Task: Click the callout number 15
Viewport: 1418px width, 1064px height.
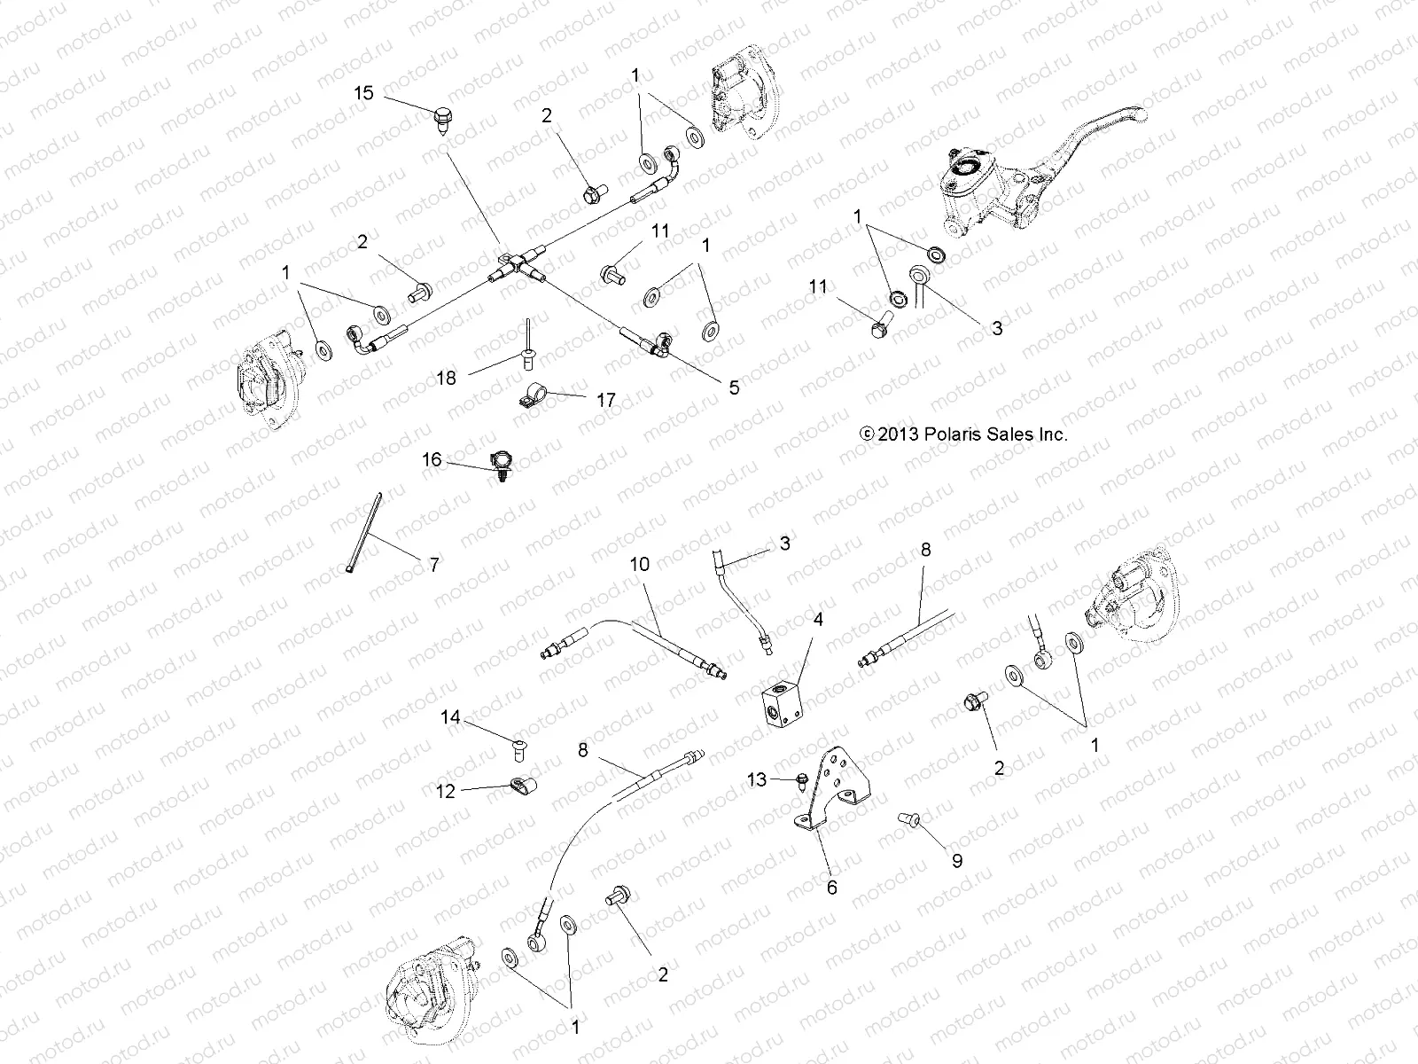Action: pyautogui.click(x=363, y=93)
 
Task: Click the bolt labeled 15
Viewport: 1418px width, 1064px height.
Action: pyautogui.click(x=442, y=118)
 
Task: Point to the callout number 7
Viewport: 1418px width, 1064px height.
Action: pyautogui.click(x=433, y=564)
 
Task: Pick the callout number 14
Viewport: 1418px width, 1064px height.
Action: pyautogui.click(x=450, y=716)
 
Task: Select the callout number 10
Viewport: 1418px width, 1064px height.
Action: pyautogui.click(x=640, y=564)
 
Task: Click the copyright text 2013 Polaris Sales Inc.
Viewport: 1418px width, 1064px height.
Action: pyautogui.click(x=964, y=434)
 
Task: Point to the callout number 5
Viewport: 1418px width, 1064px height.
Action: pyautogui.click(x=733, y=387)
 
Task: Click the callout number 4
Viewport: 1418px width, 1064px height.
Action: pyautogui.click(x=818, y=619)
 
